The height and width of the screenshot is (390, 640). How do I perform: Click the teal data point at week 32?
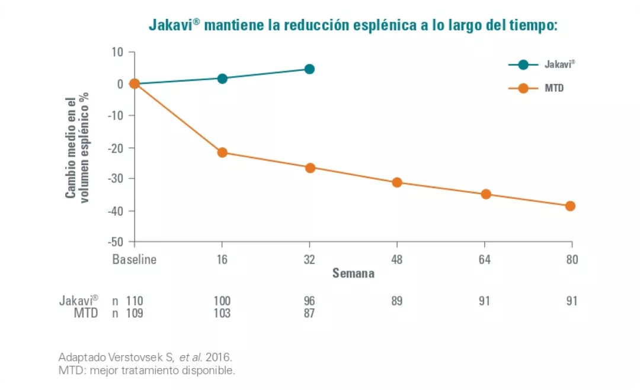(x=309, y=69)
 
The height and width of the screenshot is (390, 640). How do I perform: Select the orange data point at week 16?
(x=222, y=152)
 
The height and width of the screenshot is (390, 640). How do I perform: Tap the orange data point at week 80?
(x=570, y=206)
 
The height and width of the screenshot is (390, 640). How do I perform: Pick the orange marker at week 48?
(x=397, y=182)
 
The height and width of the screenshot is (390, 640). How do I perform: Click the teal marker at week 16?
(x=222, y=79)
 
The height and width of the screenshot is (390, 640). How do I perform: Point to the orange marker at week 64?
(x=486, y=194)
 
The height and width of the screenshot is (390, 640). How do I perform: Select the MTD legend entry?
(x=536, y=88)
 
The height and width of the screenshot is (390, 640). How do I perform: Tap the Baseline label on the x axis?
(x=135, y=259)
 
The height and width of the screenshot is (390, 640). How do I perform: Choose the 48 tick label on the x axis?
(x=397, y=259)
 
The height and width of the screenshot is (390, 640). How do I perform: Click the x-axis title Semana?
(x=353, y=273)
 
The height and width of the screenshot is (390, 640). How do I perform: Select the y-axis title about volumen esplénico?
(x=77, y=147)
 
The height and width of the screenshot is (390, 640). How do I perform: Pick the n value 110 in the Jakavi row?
(x=135, y=301)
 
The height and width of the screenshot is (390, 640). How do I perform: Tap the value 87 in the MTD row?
(x=309, y=313)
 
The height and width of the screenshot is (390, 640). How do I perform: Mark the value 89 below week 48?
(x=397, y=301)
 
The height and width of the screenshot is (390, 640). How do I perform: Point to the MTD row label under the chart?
(x=86, y=313)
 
